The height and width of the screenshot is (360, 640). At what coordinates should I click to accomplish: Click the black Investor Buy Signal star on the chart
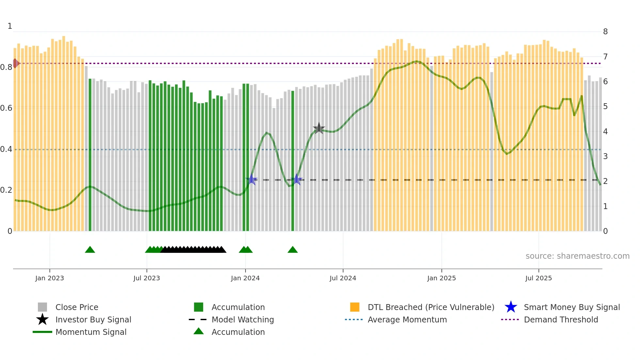coord(319,128)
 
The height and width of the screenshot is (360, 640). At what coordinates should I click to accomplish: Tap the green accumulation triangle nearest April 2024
coord(293,250)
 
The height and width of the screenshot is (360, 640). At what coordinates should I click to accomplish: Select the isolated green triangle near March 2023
coord(90,250)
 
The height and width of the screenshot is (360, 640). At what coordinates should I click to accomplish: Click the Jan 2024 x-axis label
coord(245,278)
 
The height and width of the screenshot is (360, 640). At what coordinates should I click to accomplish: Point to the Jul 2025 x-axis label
coord(538,278)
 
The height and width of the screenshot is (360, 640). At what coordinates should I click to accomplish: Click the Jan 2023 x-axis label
coord(50,278)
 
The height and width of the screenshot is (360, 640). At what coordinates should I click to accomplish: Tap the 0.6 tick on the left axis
coord(6,108)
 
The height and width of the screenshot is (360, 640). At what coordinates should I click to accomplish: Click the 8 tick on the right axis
coord(605,32)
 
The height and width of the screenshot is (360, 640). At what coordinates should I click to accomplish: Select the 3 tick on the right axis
coord(605,156)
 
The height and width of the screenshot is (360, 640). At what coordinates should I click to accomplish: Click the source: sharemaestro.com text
coord(577,256)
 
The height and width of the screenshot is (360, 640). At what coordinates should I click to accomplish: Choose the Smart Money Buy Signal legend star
coord(511,307)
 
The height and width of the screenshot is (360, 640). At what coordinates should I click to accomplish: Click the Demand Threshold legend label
coord(561,320)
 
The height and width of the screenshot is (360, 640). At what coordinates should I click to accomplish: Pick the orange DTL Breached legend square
coord(355,307)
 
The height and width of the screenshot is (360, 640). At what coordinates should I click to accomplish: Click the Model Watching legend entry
coord(243,320)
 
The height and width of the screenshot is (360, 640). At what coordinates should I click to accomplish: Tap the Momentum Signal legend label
coord(91,332)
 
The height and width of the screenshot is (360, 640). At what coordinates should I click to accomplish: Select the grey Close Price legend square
coord(42,307)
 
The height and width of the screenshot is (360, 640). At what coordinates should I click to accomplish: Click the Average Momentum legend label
coord(407,320)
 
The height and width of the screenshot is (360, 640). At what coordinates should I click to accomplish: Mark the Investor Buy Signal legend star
coord(42,319)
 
